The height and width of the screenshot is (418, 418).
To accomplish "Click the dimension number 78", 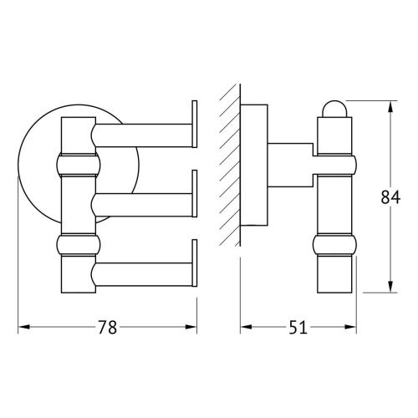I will click(107, 328).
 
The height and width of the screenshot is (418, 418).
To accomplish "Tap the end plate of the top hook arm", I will click(195, 126).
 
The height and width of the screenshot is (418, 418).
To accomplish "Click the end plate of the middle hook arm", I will click(195, 195).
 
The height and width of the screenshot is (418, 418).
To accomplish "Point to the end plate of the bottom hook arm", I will click(195, 264).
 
